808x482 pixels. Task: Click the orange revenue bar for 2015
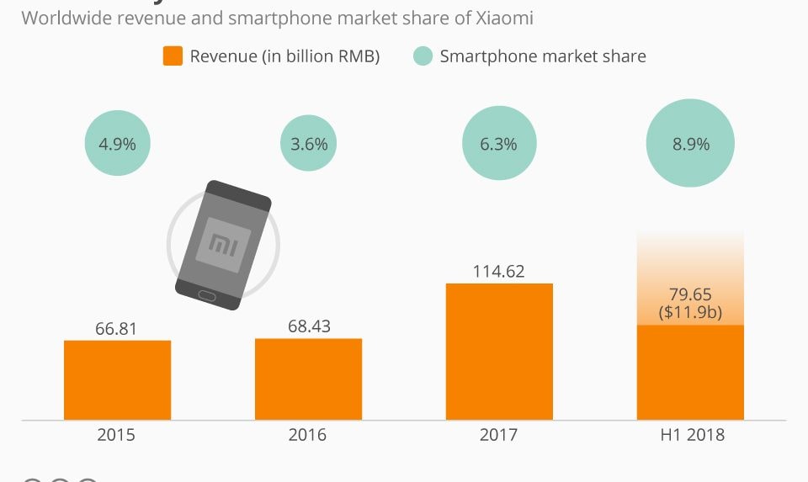click(117, 379)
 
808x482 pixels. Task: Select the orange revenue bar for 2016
click(308, 379)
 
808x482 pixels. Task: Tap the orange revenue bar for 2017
click(499, 351)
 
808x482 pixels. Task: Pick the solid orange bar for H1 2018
click(690, 372)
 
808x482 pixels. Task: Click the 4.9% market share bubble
click(117, 144)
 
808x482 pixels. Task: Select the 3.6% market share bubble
click(308, 144)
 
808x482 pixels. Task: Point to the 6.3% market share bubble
click(498, 144)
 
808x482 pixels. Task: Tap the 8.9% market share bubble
click(690, 144)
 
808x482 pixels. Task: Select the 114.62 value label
click(499, 271)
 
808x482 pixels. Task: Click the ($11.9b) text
click(690, 311)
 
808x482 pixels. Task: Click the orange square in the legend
click(173, 57)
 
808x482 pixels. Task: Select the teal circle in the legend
click(423, 57)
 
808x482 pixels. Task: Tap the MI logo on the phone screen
click(223, 242)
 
